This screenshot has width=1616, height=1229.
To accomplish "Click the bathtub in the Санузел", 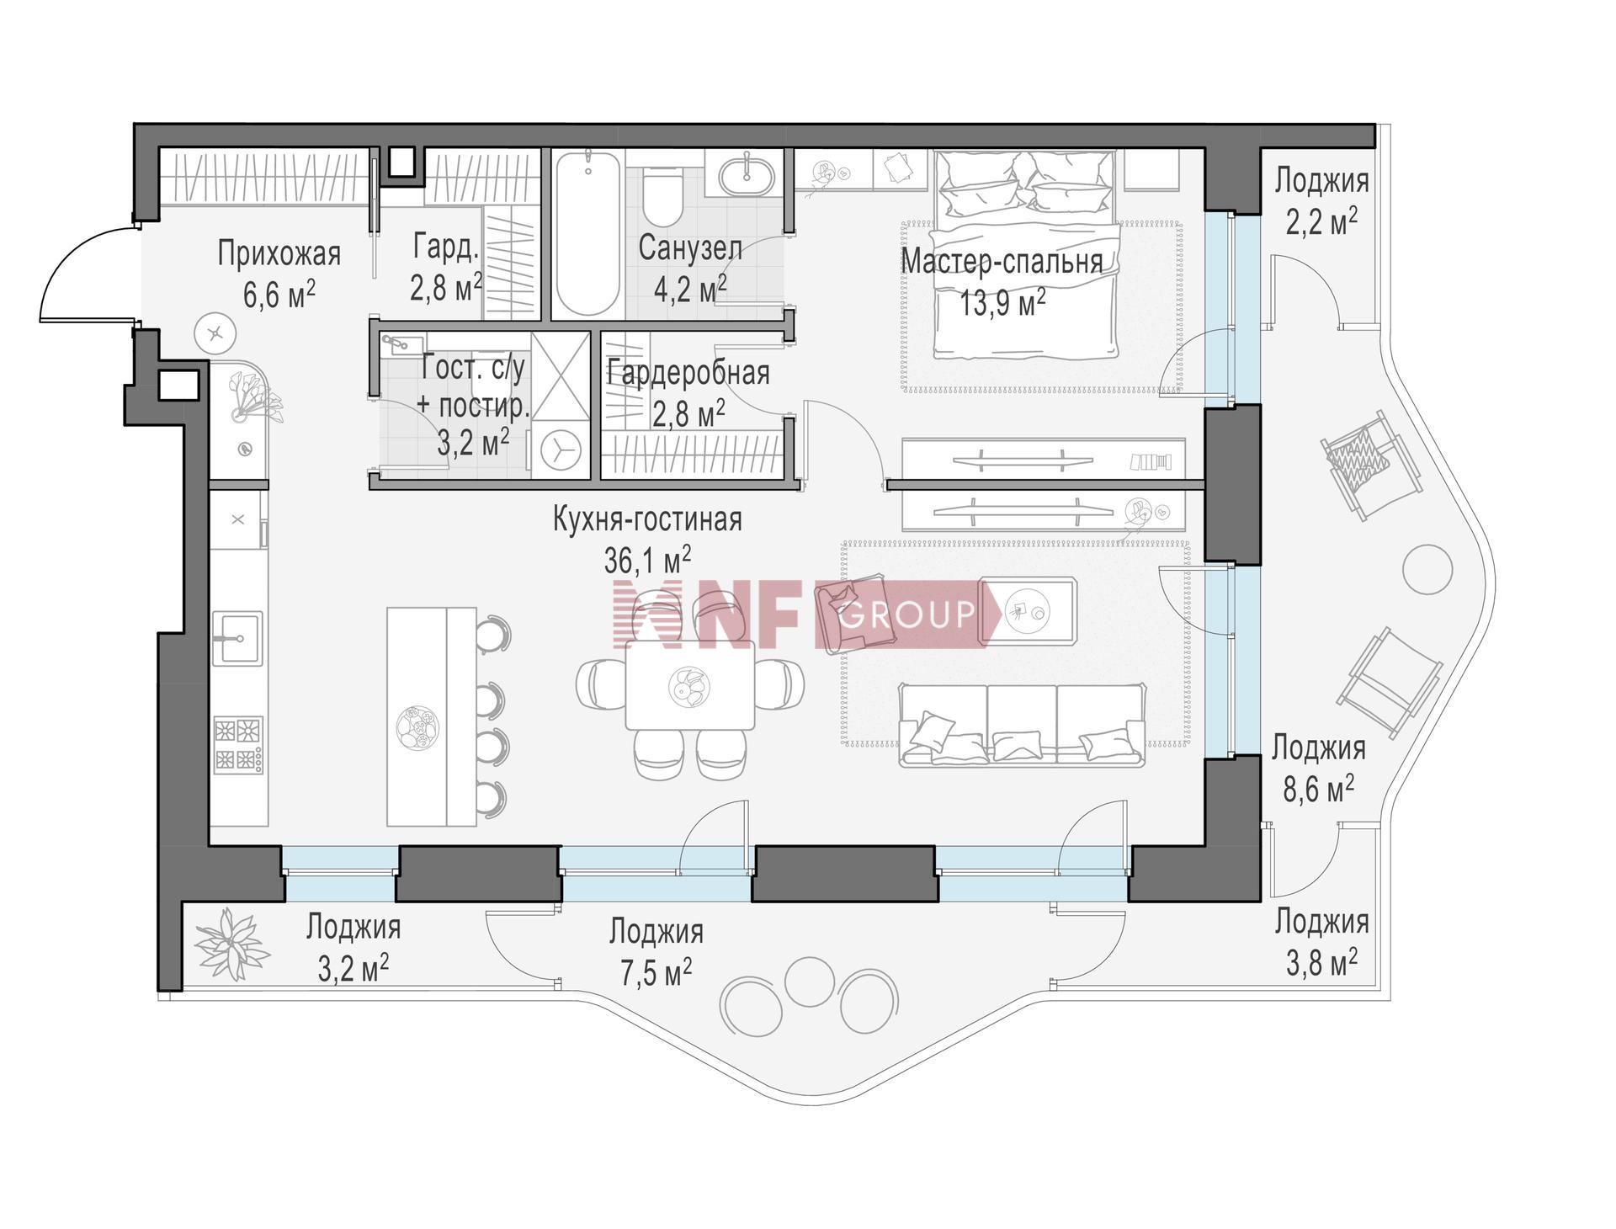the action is tap(588, 234).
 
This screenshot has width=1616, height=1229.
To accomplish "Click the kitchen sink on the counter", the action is tap(237, 639).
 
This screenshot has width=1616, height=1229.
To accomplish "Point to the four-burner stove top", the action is tap(238, 745).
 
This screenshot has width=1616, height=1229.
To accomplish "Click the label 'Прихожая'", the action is tap(279, 253).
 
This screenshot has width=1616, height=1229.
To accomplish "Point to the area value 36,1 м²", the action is tap(647, 559).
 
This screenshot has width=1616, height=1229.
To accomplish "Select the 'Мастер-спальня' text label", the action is tap(1002, 261).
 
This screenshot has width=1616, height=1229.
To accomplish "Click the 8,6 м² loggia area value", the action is tap(1318, 789).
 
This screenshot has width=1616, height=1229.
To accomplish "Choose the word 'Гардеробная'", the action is tap(688, 373).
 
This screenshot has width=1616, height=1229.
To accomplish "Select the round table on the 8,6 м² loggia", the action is tap(1427, 569).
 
